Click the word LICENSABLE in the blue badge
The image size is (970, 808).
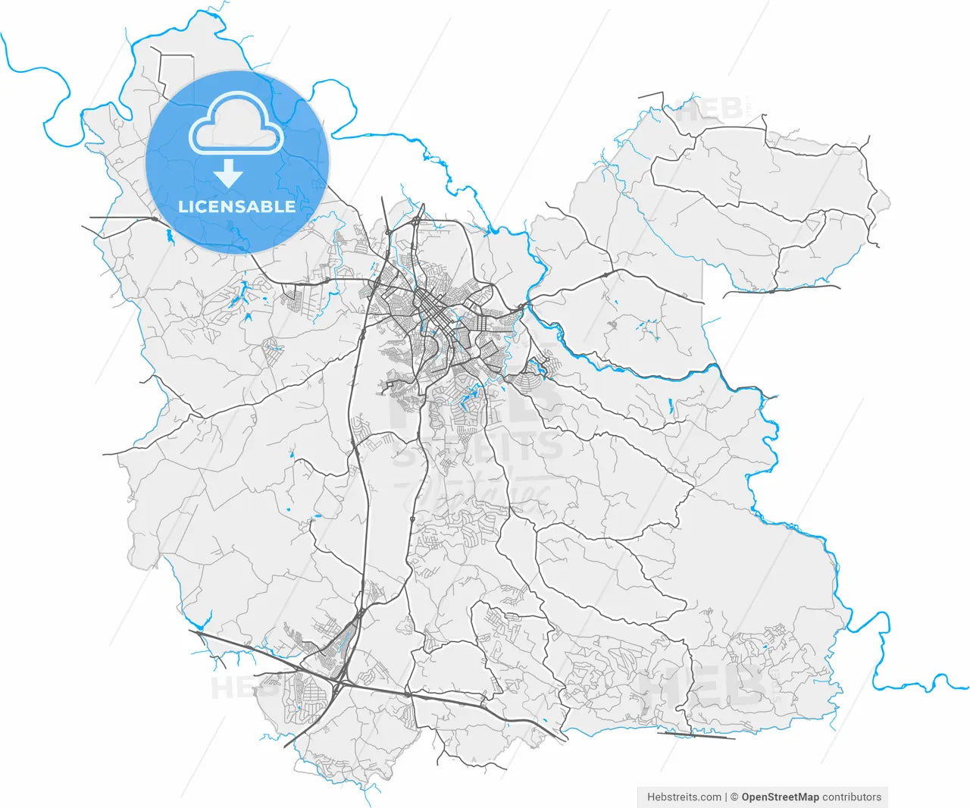click(x=236, y=206)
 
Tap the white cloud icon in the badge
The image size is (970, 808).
click(x=236, y=125)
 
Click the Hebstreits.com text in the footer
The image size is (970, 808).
click(x=684, y=797)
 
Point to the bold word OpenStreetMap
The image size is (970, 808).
click(x=780, y=797)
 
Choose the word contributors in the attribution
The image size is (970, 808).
click(x=852, y=797)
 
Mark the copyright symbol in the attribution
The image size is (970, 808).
click(x=734, y=797)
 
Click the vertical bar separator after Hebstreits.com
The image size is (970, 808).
click(x=726, y=797)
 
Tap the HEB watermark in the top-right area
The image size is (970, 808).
click(x=709, y=111)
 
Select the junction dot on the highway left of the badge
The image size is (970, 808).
click(x=155, y=219)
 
